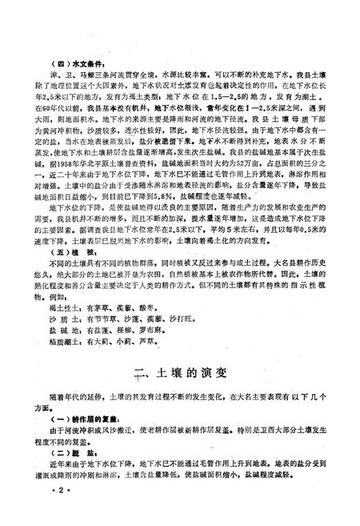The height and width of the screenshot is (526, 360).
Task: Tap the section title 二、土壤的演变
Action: point(180,371)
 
